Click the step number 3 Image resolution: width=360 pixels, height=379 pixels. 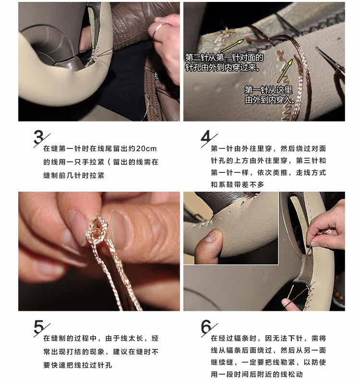click(39, 137)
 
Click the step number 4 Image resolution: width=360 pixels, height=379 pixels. click(206, 137)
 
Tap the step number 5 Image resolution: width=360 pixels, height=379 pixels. click(39, 327)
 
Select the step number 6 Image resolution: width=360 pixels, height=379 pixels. click(206, 327)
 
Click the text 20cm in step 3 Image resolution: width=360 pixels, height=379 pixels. click(146, 148)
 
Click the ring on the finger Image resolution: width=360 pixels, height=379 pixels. click(157, 29)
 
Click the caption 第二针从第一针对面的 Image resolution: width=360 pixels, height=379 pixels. click(224, 58)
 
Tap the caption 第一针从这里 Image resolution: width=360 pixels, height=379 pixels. click(268, 90)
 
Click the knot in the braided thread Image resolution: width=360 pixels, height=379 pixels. click(96, 229)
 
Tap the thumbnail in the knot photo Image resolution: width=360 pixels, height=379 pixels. click(120, 229)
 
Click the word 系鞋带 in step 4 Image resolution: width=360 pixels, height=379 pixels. click(230, 184)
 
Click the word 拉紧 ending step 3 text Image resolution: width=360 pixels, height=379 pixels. click(97, 175)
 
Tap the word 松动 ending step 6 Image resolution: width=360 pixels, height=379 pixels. click(295, 374)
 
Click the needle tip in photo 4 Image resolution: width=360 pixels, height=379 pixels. click(317, 48)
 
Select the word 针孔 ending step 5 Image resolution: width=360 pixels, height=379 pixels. click(105, 365)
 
